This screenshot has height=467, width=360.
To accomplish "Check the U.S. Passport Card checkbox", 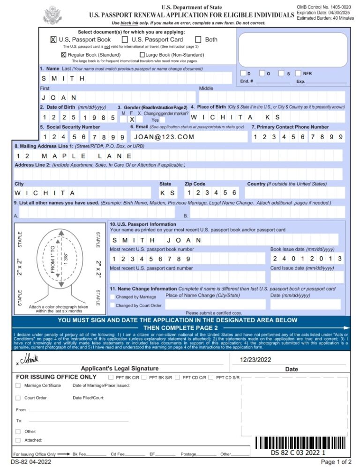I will coord(125,40).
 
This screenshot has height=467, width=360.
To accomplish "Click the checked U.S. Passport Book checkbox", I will coord(53,40).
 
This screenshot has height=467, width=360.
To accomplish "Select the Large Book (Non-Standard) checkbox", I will coord(142,55).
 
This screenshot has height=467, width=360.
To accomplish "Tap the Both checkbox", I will coord(198,40).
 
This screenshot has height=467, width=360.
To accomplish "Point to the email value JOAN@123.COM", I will coord(164,137).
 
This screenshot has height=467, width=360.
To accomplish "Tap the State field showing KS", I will coord(167,193).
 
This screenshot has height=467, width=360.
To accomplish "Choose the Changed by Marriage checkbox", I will coord(112,297).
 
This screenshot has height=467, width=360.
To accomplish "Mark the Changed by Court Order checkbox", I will coord(112,305).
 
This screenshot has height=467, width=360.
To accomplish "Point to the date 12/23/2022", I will coord(255,360).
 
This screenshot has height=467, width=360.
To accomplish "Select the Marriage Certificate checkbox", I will coord(18,385).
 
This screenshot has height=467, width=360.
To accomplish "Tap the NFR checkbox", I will coord(298,74).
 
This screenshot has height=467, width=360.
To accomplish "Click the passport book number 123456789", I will coord(151,259).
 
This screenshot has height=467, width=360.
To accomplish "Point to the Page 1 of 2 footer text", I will coord(336,462).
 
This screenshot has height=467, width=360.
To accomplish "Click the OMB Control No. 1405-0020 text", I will coord(323,7).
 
